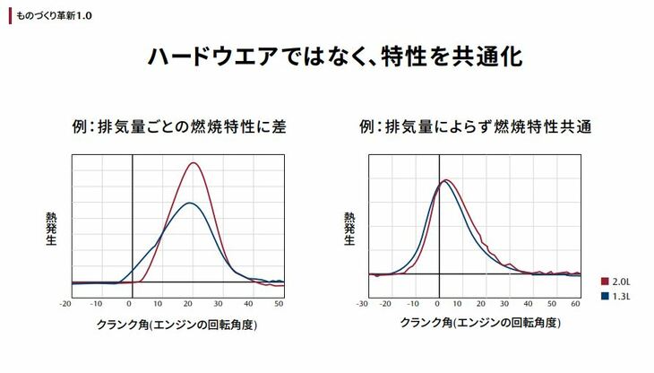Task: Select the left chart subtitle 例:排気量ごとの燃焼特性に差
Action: pos(185,126)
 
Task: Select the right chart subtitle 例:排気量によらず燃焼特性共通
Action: pos(475,126)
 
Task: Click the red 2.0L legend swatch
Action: pos(606,280)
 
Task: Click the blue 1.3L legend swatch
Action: pos(606,294)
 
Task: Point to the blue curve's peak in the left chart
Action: pos(187,203)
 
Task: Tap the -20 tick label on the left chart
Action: pos(65,303)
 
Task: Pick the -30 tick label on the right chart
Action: pos(362,303)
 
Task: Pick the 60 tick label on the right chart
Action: pos(575,303)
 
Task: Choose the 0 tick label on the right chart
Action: pos(438,303)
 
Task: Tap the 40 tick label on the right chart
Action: pos(529,303)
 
